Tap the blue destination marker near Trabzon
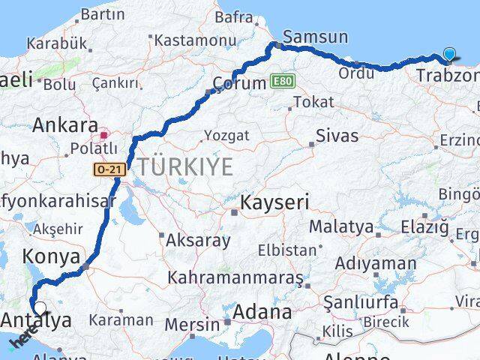[449, 54]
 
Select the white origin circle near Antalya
[40, 307]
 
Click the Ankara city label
[65, 124]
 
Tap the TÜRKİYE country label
[183, 166]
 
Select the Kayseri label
[274, 202]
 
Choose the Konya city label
[52, 256]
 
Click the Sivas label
[337, 136]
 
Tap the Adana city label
[262, 311]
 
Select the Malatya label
[341, 225]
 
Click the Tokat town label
[313, 101]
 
